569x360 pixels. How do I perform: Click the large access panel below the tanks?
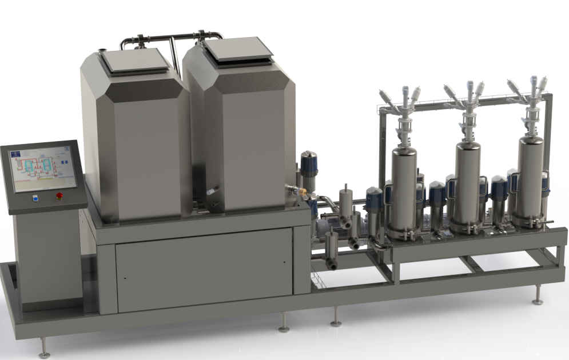pyautogui.click(x=204, y=270)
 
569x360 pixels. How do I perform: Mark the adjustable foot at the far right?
pyautogui.click(x=538, y=294)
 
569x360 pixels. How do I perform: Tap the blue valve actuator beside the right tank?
pyautogui.click(x=309, y=164)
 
